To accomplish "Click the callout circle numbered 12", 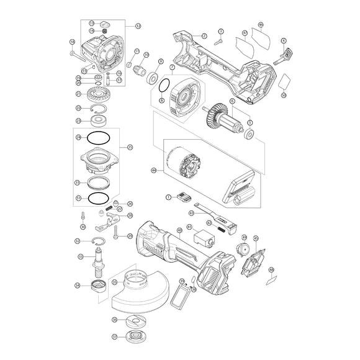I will coord(138,26).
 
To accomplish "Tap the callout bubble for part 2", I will coord(204,37).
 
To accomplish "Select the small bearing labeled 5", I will coord(250,135).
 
